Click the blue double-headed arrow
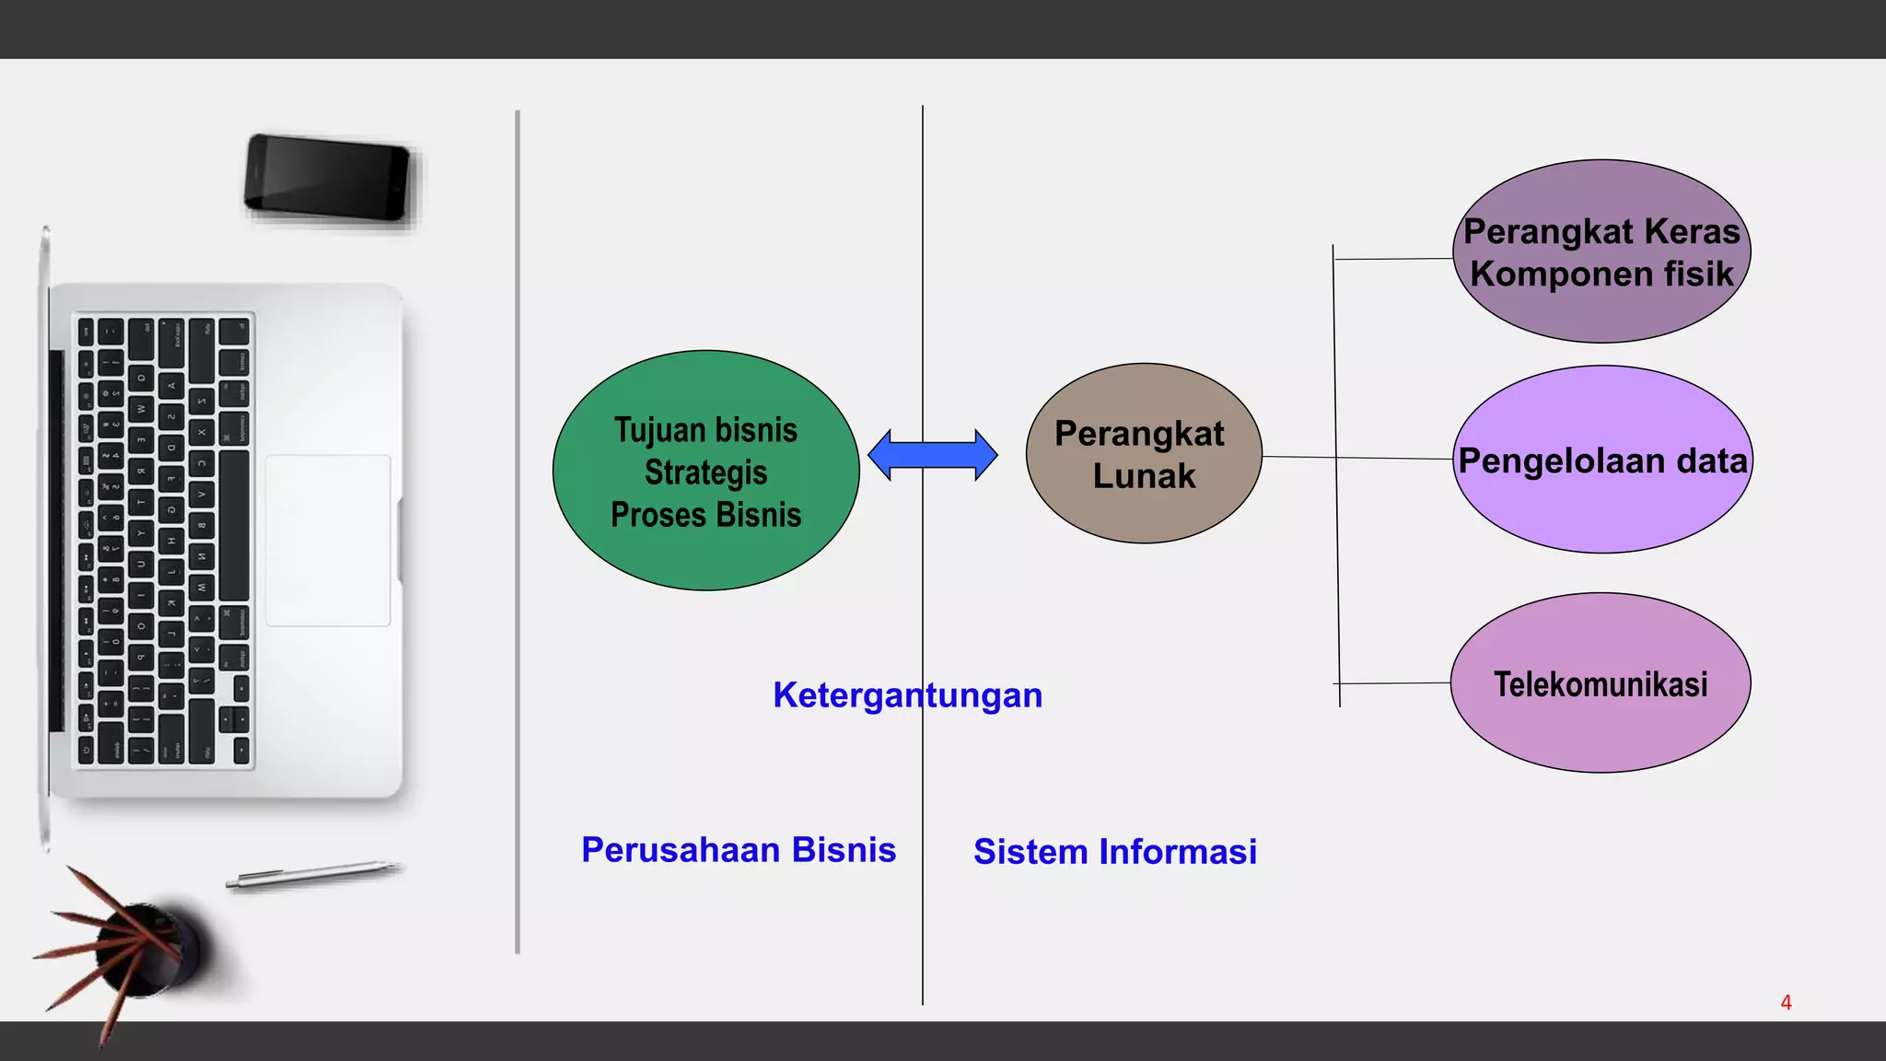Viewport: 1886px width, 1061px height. (932, 455)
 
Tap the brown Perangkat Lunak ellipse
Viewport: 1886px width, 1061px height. (1143, 516)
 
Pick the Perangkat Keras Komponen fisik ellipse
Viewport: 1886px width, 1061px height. (1601, 313)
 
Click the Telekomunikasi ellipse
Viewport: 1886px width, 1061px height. (1601, 732)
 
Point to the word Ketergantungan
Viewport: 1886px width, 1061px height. (907, 695)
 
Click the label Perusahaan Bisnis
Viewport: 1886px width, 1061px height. (739, 850)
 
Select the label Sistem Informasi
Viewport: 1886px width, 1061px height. (1114, 852)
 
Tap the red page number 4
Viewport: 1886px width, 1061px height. (1786, 1003)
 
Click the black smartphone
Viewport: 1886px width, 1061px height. (327, 178)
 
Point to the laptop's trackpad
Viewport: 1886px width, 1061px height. (328, 541)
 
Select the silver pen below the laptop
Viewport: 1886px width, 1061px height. (313, 874)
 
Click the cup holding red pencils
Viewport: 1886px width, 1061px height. (147, 949)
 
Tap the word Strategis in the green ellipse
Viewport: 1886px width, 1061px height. (705, 472)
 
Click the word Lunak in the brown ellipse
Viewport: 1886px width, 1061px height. (1144, 476)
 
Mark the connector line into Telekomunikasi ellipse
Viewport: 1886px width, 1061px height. (1393, 683)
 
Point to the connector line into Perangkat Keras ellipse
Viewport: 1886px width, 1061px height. (1393, 259)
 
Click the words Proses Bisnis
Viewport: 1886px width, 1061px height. (705, 515)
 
